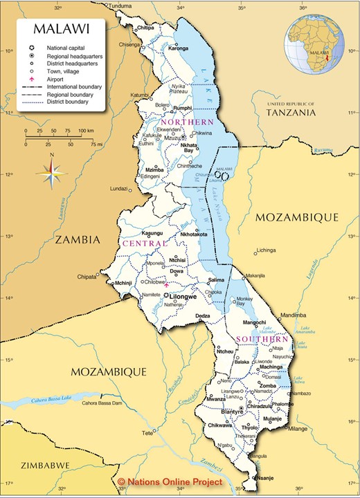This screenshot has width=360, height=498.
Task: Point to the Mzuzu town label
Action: point(172,138)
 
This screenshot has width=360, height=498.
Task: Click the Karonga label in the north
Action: point(178,48)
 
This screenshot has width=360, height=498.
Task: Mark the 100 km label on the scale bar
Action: point(85,130)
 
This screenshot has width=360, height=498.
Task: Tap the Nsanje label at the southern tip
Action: point(266,477)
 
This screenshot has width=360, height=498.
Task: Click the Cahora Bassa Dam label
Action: point(102,403)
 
